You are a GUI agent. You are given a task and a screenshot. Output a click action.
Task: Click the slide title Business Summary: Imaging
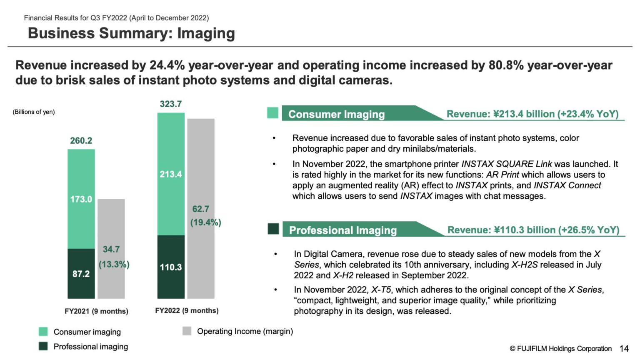(131, 33)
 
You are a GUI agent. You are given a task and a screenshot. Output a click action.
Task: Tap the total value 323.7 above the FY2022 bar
(170, 104)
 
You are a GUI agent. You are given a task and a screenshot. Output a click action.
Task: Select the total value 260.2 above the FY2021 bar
(81, 141)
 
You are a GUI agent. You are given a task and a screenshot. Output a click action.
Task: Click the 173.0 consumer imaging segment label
(81, 200)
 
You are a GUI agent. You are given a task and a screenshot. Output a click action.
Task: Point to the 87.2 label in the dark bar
(81, 274)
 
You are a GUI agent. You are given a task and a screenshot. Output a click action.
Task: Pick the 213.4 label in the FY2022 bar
(170, 175)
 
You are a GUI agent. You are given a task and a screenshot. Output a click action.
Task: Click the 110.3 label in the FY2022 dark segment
(170, 267)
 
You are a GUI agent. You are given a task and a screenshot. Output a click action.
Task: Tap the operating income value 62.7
(200, 209)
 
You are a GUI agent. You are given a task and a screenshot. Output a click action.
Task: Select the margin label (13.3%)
(114, 265)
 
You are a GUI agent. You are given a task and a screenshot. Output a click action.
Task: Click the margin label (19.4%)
(205, 222)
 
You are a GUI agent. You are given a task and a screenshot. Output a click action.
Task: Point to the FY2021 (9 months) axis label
(96, 311)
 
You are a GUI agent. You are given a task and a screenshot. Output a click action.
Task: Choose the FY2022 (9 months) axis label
(187, 311)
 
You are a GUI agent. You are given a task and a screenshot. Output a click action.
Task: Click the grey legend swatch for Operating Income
(187, 331)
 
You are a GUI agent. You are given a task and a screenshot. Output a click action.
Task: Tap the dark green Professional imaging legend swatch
(43, 346)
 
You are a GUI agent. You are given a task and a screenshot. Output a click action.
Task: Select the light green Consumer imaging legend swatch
(43, 332)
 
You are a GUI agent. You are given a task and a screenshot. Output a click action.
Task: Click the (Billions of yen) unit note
(34, 112)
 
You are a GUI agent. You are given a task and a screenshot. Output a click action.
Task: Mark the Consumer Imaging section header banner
(336, 114)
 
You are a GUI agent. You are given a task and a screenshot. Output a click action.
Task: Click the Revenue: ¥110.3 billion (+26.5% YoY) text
(533, 230)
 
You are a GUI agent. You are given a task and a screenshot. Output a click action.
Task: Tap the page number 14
(624, 349)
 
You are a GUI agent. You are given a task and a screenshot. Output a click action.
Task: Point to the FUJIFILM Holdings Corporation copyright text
(560, 349)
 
